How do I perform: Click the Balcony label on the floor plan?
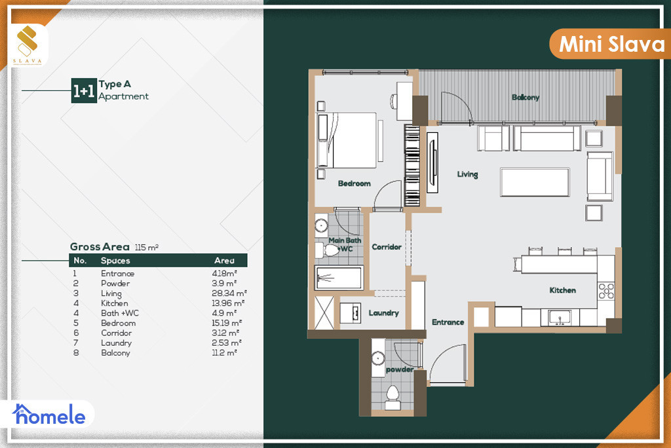click(525, 97)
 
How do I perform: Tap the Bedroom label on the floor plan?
click(354, 183)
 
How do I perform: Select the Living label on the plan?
click(467, 174)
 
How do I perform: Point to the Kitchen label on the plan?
click(562, 290)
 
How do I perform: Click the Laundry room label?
click(383, 313)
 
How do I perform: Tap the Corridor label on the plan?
click(387, 247)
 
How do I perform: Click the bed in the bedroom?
click(346, 140)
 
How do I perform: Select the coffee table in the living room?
click(535, 182)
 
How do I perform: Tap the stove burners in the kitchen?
click(606, 291)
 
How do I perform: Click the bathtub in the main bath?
click(339, 278)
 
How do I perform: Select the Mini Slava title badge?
click(610, 44)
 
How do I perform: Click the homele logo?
click(48, 414)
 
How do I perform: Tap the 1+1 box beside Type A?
click(84, 90)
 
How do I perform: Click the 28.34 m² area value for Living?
click(229, 293)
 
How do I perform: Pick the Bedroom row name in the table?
click(118, 323)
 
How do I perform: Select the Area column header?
click(224, 260)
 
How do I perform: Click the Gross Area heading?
click(100, 247)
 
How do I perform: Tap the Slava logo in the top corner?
click(28, 45)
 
